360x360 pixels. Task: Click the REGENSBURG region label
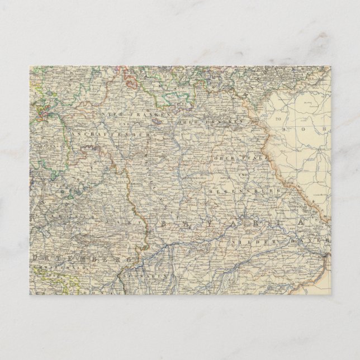click(x=240, y=192)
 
